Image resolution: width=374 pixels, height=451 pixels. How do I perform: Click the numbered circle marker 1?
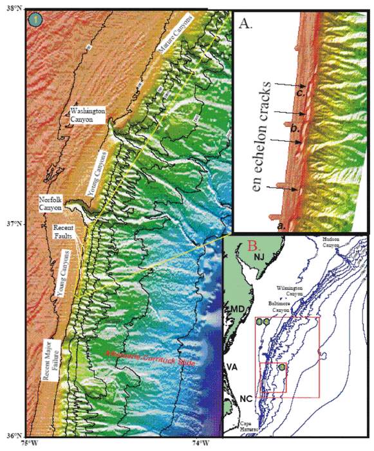[34, 19]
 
